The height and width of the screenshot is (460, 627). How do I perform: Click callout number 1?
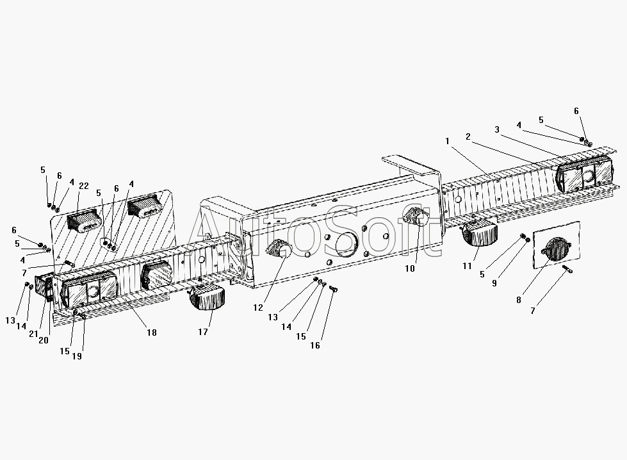coord(447,141)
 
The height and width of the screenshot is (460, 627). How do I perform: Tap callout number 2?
coord(468,137)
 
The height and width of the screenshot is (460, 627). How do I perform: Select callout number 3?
coord(497,129)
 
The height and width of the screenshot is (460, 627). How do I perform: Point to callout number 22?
coord(83,186)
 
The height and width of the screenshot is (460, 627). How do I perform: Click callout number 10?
coord(410,269)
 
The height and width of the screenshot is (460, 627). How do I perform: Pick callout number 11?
coord(467,266)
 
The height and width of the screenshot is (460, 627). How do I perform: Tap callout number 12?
coord(258,308)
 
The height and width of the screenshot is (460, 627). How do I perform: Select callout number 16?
coord(315,345)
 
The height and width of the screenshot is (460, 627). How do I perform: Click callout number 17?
coord(203,332)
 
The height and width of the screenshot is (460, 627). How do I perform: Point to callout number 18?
coord(152,333)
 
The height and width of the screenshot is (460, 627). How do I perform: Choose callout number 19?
coord(77,356)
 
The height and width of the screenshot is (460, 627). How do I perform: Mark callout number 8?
coord(519,300)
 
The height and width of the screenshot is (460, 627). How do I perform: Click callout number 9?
coord(494,283)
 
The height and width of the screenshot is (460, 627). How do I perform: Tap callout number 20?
coord(43,340)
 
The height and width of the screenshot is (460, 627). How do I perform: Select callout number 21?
coord(33,334)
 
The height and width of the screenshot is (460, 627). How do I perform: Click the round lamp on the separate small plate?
coord(555,249)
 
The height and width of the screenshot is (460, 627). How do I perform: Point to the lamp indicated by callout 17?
coord(207,297)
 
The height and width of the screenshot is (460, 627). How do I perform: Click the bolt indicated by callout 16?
coord(334,288)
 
